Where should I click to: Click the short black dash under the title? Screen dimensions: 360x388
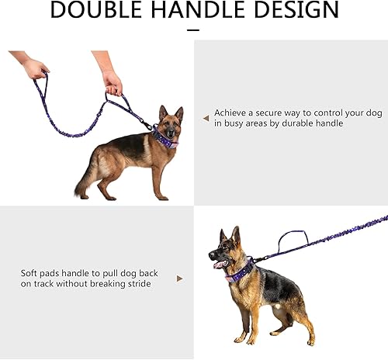194,31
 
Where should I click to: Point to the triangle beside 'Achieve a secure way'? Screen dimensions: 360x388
206,118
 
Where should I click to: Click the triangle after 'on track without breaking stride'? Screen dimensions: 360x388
180,278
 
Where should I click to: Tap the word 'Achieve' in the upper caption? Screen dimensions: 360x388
230,112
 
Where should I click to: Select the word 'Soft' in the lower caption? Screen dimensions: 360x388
29,272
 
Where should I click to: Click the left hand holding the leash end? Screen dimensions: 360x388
35,69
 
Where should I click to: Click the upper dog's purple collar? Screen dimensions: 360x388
165,138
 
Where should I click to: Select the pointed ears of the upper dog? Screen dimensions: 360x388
171,112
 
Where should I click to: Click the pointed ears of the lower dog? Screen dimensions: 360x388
230,234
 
